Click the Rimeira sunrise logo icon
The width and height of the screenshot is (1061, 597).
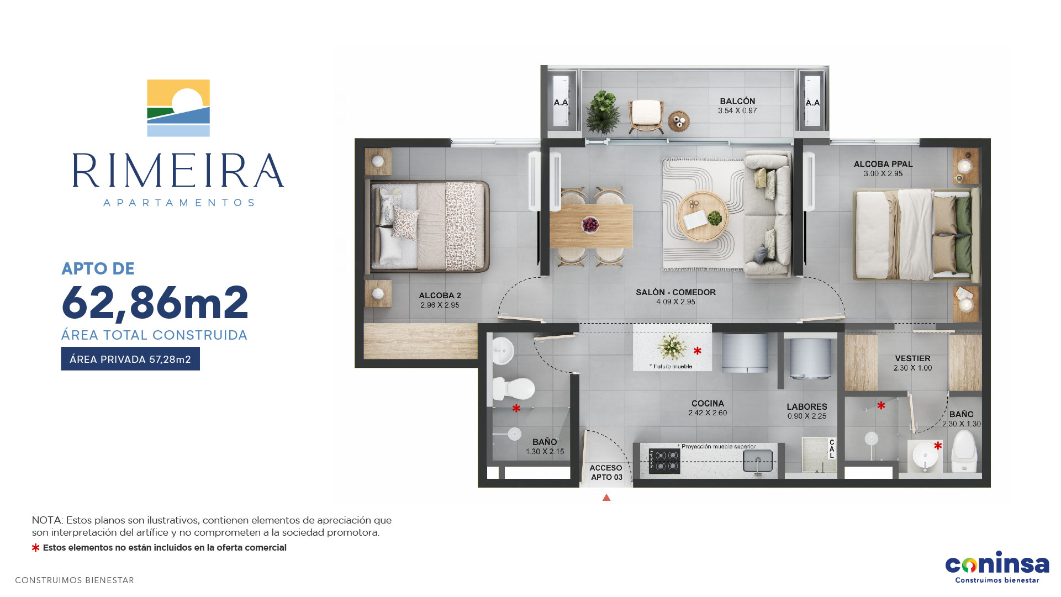coord(178,108)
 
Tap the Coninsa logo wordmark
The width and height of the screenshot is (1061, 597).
coord(997,563)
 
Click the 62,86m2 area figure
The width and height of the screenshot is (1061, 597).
coord(155,303)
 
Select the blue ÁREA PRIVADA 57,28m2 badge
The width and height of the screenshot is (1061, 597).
coord(130,359)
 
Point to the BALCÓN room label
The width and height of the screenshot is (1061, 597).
coord(737,101)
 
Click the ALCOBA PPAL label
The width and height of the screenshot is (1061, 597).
coord(883,164)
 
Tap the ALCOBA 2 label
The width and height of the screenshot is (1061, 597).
coord(440,295)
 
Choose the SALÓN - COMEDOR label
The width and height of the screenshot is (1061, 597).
coord(675,292)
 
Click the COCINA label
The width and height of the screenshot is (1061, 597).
coord(708,404)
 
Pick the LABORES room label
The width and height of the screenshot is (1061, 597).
coord(807,407)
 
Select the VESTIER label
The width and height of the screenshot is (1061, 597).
coord(912,358)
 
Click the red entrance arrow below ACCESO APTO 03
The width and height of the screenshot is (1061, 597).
coord(606,498)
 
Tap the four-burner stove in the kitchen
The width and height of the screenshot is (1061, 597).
coord(664,461)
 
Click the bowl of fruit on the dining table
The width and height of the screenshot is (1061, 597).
coord(590,225)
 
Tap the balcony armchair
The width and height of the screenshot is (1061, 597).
coord(646,116)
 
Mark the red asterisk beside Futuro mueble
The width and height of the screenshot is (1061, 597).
coord(698,351)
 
